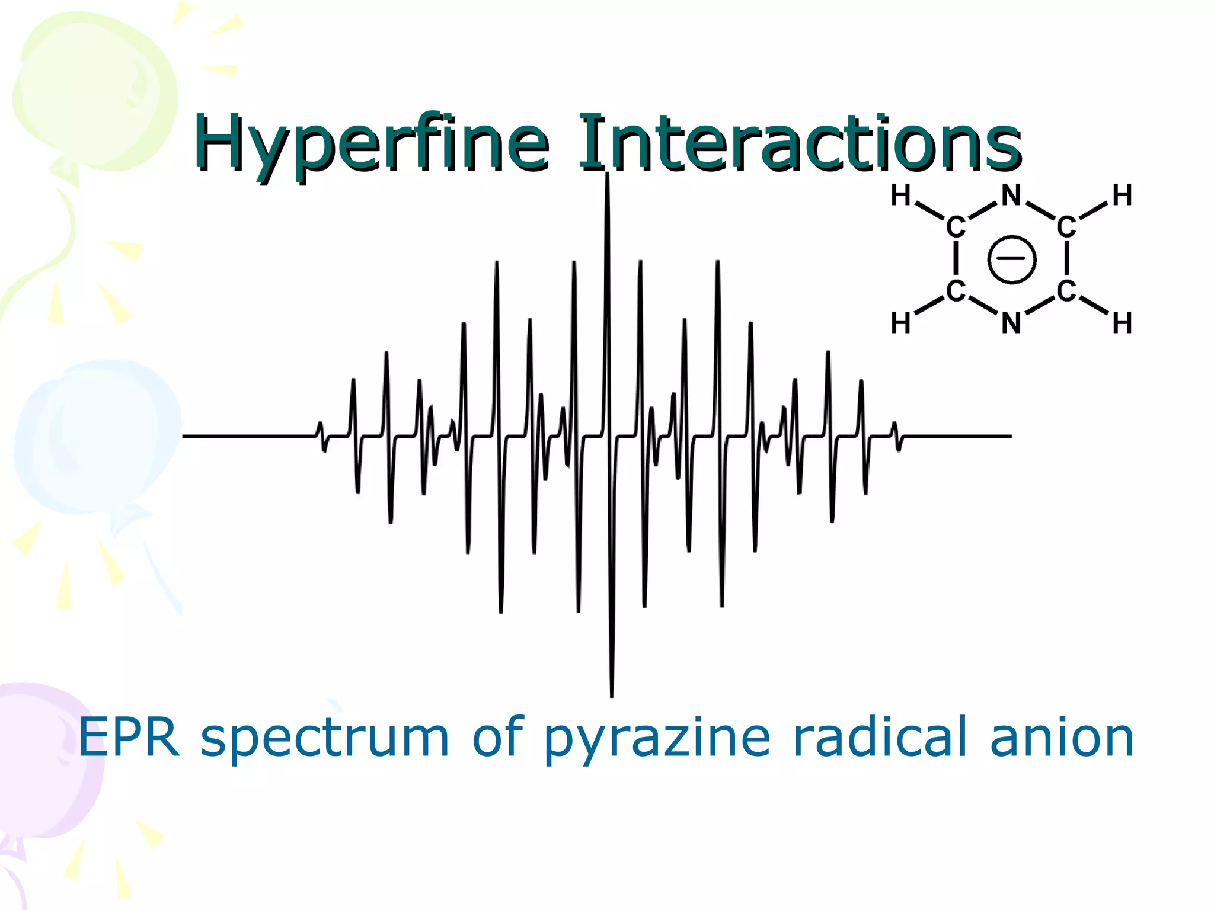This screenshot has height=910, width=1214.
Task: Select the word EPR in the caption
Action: tap(129, 738)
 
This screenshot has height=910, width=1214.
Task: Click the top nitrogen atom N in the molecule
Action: tap(1011, 196)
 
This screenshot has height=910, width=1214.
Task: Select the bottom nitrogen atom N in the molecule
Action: tap(1011, 323)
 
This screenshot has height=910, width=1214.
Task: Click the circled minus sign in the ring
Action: tap(1012, 259)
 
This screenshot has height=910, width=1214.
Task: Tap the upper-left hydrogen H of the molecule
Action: tap(900, 196)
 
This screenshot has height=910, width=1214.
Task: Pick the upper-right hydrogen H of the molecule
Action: tap(1122, 196)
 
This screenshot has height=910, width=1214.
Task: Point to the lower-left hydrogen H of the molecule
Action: tap(900, 323)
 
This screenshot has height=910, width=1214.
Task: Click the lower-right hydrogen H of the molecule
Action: tap(1122, 323)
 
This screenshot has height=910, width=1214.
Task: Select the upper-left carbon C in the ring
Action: tap(956, 227)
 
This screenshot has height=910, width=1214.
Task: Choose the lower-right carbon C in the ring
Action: tap(1066, 291)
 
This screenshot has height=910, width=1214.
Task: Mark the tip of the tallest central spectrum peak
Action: tap(607, 174)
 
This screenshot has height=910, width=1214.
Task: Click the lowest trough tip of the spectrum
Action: tap(612, 696)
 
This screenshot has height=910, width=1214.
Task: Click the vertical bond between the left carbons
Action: tap(956, 259)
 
